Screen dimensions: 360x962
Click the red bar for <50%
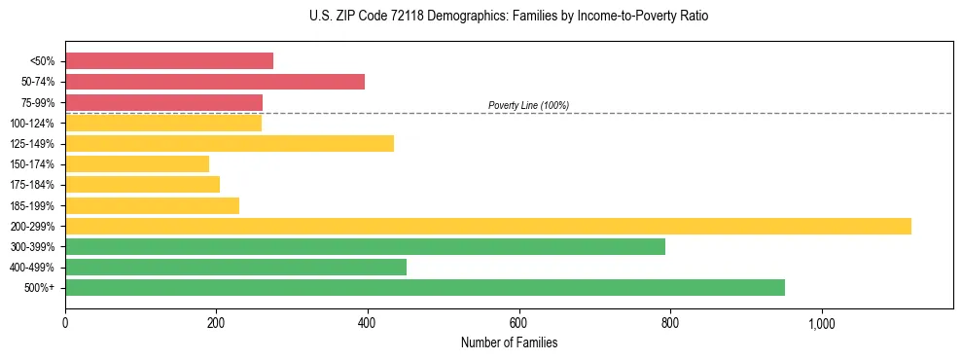pos(169,61)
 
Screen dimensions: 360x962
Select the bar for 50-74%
pos(215,82)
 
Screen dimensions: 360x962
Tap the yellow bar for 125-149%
pos(230,144)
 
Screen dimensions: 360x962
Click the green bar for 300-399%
pos(365,246)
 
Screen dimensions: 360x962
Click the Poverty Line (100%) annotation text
pos(528,105)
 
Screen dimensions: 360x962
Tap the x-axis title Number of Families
pos(509,343)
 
